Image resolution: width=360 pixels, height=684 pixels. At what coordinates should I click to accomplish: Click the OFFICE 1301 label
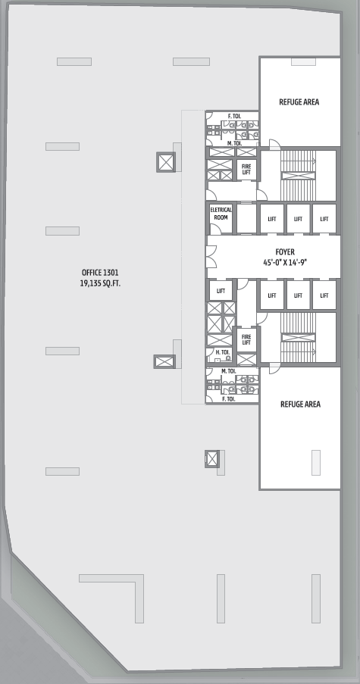click(x=100, y=273)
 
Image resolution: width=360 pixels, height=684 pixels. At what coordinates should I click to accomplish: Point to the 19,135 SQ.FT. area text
click(x=100, y=283)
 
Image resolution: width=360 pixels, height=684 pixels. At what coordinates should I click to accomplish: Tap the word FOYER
click(x=285, y=252)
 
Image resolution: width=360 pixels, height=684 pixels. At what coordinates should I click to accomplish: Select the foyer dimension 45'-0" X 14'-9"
click(x=285, y=263)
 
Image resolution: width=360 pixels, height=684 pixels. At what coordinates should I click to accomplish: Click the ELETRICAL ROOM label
click(x=221, y=214)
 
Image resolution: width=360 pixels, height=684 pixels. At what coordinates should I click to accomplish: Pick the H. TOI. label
click(x=223, y=352)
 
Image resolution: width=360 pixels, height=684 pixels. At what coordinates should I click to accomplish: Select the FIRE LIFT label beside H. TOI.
click(x=246, y=340)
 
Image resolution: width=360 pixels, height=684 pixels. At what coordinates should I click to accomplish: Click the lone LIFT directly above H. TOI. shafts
click(x=221, y=291)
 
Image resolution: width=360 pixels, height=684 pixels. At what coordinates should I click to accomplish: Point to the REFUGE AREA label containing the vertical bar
click(x=300, y=404)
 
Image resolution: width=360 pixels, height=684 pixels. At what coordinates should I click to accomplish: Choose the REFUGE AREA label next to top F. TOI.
click(x=299, y=102)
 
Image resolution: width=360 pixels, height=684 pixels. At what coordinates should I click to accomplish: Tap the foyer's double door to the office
click(x=212, y=257)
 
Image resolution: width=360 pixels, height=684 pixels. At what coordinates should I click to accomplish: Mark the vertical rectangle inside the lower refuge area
click(x=316, y=462)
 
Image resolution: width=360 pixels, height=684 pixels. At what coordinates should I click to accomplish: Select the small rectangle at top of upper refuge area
click(x=303, y=62)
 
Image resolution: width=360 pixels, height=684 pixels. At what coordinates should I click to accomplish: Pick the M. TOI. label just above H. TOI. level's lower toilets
click(x=228, y=371)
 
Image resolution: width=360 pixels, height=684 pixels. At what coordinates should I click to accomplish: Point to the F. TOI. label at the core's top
click(x=234, y=116)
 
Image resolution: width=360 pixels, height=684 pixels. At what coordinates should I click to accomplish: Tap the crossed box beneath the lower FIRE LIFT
click(x=246, y=360)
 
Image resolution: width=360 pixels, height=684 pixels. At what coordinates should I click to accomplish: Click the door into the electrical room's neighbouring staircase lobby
click(x=261, y=195)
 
